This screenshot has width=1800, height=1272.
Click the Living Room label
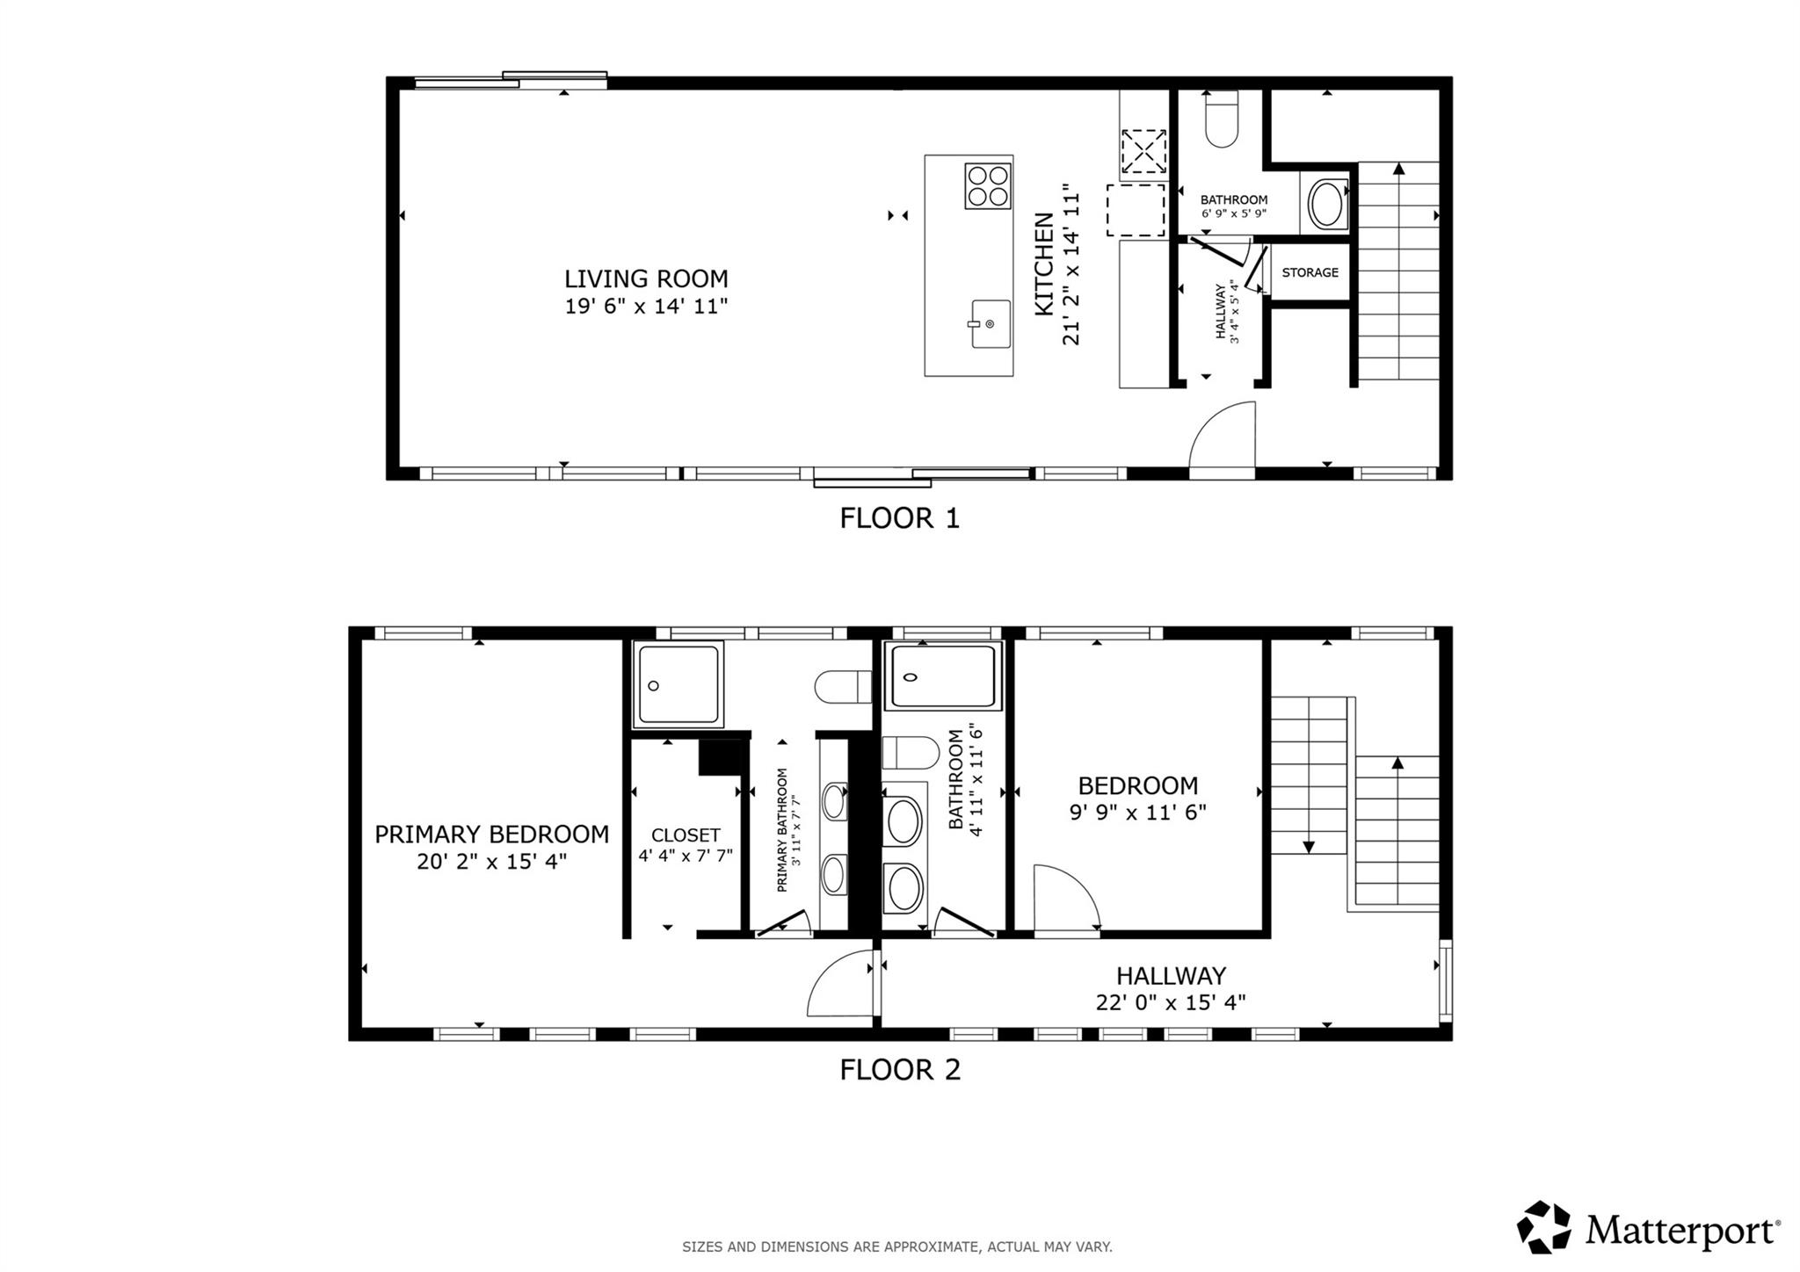point(646,279)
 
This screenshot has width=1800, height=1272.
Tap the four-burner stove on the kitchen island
point(988,186)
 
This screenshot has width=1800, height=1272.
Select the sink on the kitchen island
point(991,323)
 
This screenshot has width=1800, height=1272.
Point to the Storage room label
point(1310,272)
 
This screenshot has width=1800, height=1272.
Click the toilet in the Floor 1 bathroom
point(1222,121)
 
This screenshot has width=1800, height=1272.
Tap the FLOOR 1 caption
point(899,518)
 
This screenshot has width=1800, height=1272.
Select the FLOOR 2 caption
point(899,1070)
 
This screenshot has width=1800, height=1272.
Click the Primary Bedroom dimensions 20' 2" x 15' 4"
point(491,862)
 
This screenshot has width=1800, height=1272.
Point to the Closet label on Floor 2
point(686,835)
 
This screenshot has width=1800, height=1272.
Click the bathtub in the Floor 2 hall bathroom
point(943,677)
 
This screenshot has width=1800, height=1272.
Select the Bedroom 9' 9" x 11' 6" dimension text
point(1137,813)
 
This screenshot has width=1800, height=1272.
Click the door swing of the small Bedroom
point(1065,900)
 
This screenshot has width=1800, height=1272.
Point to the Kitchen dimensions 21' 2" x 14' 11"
point(1071,264)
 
